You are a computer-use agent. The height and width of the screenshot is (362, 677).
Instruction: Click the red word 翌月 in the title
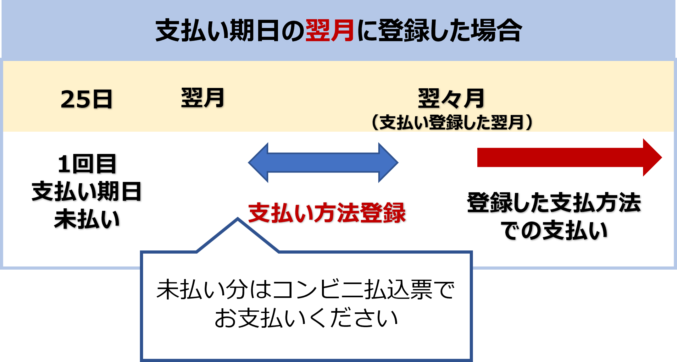point(330,30)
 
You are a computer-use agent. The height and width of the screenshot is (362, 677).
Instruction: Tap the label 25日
point(86,99)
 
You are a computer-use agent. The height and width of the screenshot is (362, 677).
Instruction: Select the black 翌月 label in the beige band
point(203,98)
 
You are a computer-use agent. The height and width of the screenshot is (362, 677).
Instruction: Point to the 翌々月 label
point(451,98)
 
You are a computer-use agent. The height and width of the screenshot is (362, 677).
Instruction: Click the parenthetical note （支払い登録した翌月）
point(452,122)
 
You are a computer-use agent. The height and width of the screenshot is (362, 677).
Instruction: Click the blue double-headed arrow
point(323,162)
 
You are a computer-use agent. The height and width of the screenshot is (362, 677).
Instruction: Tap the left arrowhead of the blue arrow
point(258,162)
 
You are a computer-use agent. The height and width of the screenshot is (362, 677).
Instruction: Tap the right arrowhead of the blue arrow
point(388,162)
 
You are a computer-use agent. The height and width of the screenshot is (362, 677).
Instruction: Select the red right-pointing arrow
point(560,157)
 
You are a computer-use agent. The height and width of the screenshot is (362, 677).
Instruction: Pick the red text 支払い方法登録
point(327,213)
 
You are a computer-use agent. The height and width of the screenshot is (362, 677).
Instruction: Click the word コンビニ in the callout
point(318,289)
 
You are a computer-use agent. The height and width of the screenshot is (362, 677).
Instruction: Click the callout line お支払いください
point(306,318)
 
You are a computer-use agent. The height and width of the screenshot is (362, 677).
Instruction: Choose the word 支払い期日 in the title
point(217,30)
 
